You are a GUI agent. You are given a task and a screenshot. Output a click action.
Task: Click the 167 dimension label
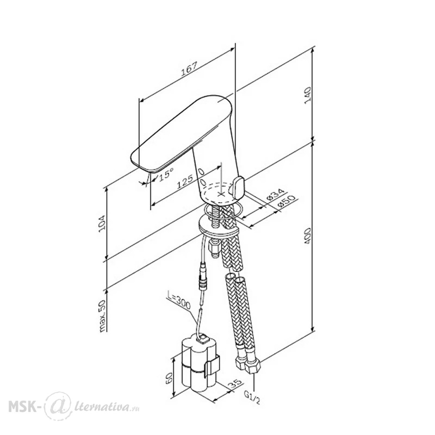tap(189, 69)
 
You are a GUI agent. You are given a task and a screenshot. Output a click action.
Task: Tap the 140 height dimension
tap(308, 95)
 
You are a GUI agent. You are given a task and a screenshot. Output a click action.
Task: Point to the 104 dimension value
tap(102, 224)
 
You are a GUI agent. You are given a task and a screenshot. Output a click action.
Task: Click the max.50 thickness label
tap(103, 316)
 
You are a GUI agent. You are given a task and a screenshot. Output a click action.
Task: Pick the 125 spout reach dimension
tap(185, 182)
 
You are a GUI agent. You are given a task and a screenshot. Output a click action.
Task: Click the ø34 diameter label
tap(275, 195)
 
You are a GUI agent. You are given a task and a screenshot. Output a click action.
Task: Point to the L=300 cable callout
tap(179, 300)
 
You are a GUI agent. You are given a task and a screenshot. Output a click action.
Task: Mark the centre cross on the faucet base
tap(221, 194)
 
